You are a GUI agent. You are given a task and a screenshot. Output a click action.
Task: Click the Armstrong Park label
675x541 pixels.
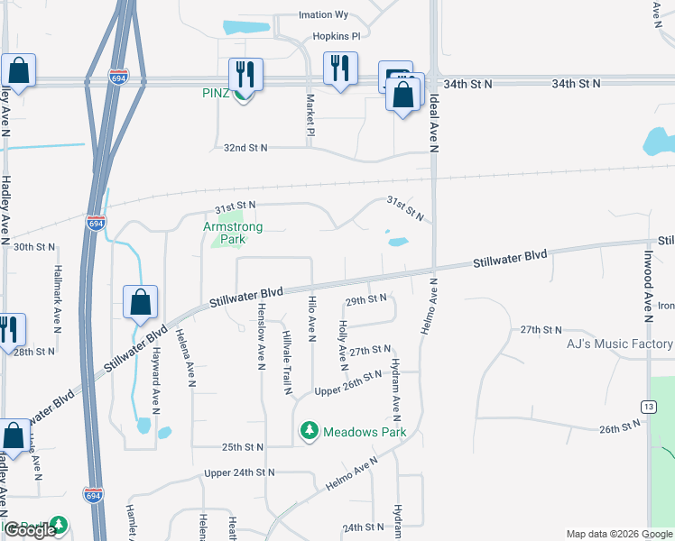point(232,234)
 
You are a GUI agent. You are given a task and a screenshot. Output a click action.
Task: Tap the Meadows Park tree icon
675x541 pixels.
point(310,431)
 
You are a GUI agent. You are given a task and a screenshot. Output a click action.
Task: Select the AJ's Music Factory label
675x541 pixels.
point(619,344)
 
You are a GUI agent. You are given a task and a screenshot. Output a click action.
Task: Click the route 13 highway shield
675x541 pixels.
point(649,408)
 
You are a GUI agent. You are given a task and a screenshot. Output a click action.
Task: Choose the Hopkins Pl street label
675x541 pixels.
point(336,36)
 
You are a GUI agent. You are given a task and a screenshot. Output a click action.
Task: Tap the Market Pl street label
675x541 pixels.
point(310,115)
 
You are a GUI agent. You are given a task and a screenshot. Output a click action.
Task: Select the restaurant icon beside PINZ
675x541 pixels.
point(245,73)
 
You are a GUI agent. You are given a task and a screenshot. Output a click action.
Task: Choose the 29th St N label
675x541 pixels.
point(367,298)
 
